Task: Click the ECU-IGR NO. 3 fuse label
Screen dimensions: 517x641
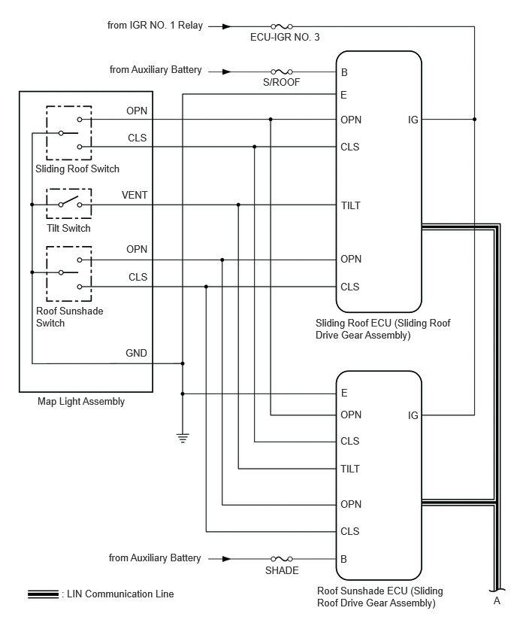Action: (x=285, y=37)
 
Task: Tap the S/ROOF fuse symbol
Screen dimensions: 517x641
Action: (x=281, y=72)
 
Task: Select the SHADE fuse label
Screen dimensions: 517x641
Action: (x=282, y=570)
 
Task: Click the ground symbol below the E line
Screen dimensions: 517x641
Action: (x=183, y=438)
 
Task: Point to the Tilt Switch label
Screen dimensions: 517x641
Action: (x=68, y=228)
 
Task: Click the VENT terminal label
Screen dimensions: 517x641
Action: (x=135, y=196)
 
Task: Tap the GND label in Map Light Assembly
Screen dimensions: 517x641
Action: (x=136, y=353)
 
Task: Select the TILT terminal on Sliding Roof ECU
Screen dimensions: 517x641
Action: (x=351, y=205)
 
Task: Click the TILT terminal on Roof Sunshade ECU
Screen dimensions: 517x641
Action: (x=350, y=469)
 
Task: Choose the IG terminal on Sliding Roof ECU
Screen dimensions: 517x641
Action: (x=413, y=120)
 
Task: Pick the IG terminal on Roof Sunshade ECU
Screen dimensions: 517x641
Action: (x=413, y=415)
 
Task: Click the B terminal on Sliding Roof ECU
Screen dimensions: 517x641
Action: (x=344, y=72)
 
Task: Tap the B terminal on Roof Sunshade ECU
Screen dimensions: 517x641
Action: (x=344, y=559)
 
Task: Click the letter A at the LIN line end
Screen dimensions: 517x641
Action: (x=497, y=600)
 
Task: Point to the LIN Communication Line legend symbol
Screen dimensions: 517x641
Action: (x=44, y=594)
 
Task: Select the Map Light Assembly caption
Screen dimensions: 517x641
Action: (x=81, y=402)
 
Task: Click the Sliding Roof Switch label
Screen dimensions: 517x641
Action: (x=77, y=169)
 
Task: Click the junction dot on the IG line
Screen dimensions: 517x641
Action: (x=474, y=120)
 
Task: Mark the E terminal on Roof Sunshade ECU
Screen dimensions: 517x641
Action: (x=344, y=393)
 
